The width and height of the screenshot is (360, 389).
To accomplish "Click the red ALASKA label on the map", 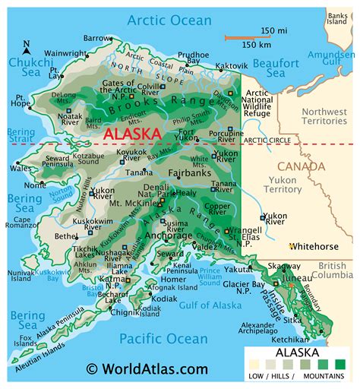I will tap(132, 134).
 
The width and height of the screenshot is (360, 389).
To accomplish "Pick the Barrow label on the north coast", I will tap(97, 37).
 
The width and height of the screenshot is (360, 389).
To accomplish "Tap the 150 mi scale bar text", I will tap(267, 30).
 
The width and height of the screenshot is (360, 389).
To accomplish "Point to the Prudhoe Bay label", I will tap(194, 59).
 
